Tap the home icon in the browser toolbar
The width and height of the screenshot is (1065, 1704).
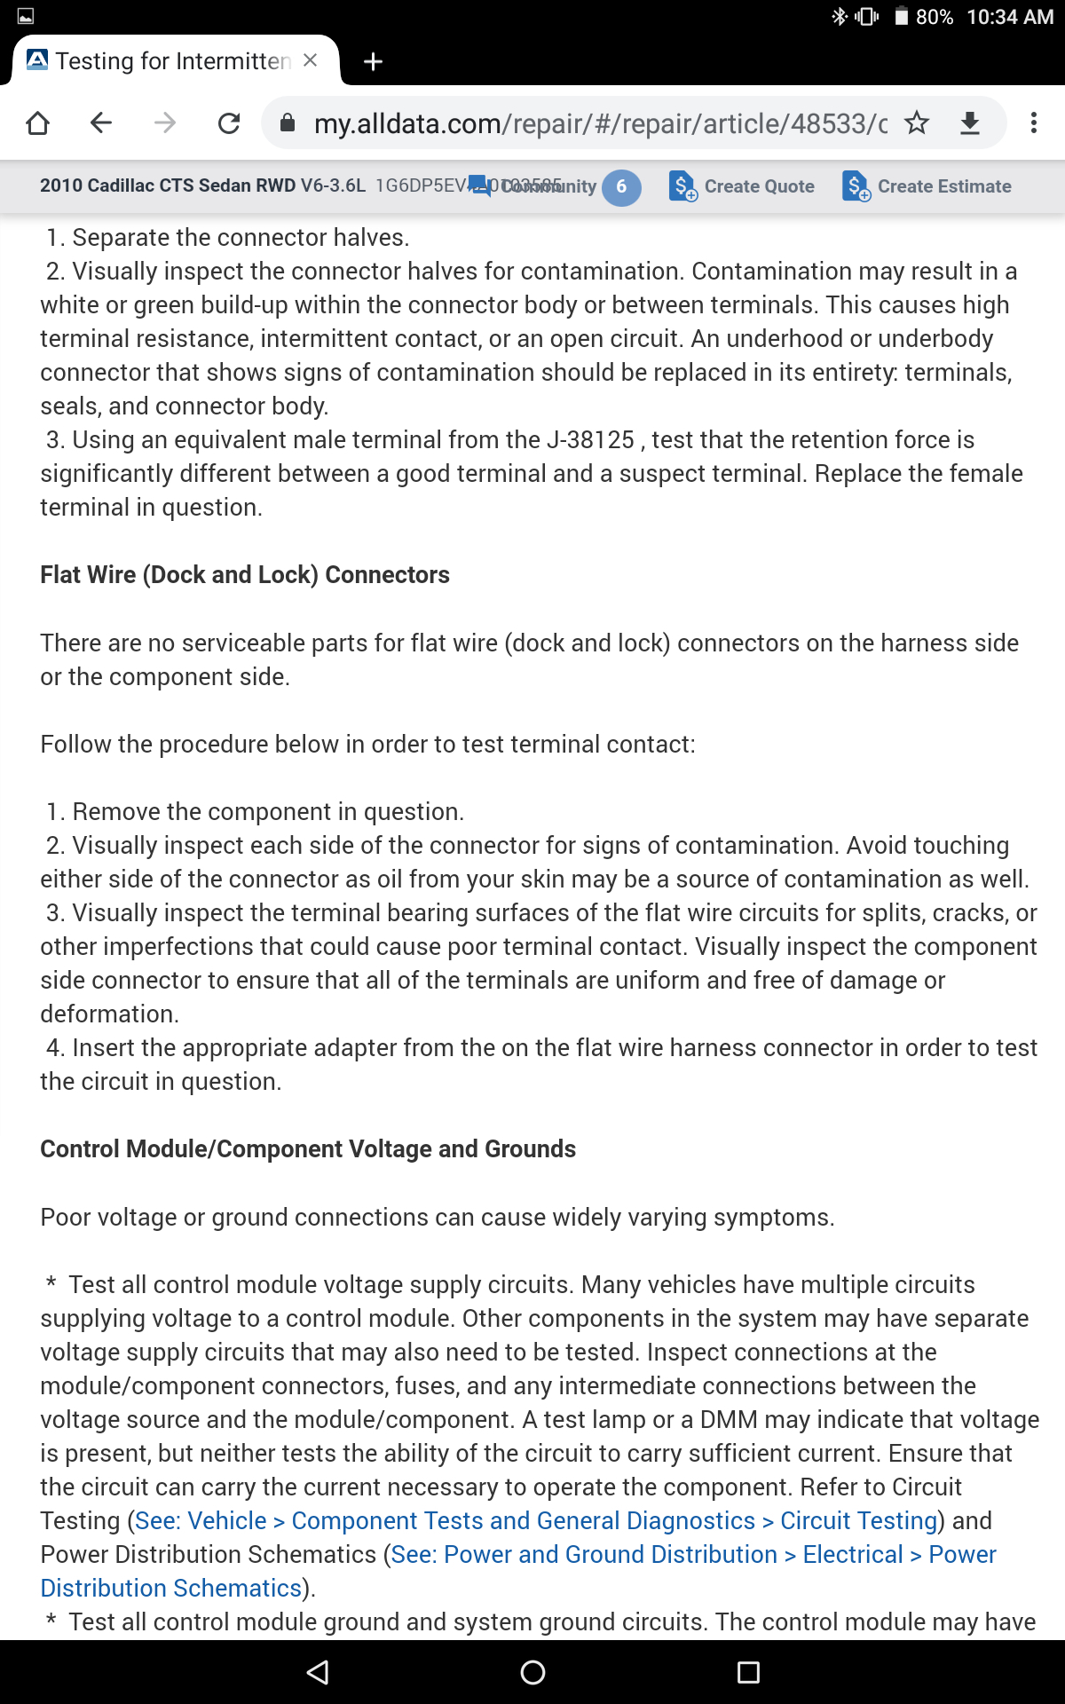coord(37,122)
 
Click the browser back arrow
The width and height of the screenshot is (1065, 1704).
coord(101,122)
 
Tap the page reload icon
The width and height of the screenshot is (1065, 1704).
coord(229,122)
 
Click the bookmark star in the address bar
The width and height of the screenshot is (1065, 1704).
coord(917,122)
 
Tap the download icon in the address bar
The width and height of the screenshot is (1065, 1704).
coord(970,122)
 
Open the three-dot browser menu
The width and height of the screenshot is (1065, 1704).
coord(1033,122)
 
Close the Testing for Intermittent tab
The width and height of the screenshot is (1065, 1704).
coord(310,60)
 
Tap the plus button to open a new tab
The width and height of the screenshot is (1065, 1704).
coord(374,61)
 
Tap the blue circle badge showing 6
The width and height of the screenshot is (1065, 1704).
coord(621,186)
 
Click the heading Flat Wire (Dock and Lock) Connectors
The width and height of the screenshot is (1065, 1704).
coord(245,575)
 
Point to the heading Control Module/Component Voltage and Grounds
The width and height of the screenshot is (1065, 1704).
coord(308,1149)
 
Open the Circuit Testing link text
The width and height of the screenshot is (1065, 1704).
coord(858,1521)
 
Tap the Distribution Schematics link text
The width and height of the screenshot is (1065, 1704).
coord(171,1589)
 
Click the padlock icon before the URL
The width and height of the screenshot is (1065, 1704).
coord(288,122)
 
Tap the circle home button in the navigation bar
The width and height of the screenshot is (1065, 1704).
coord(532,1673)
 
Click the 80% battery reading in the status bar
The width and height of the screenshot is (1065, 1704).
coord(934,17)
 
